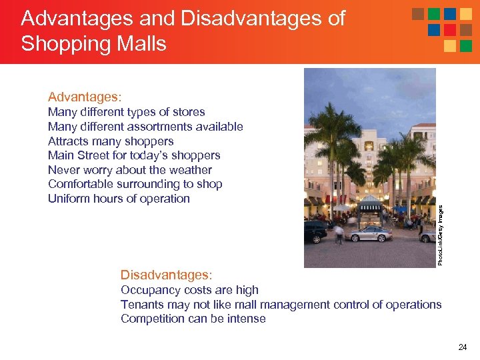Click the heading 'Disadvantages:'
[x=166, y=275]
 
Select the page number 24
[x=462, y=347]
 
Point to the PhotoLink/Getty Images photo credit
[x=441, y=234]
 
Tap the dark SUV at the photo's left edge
[x=315, y=231]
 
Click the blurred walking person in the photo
[x=339, y=233]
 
